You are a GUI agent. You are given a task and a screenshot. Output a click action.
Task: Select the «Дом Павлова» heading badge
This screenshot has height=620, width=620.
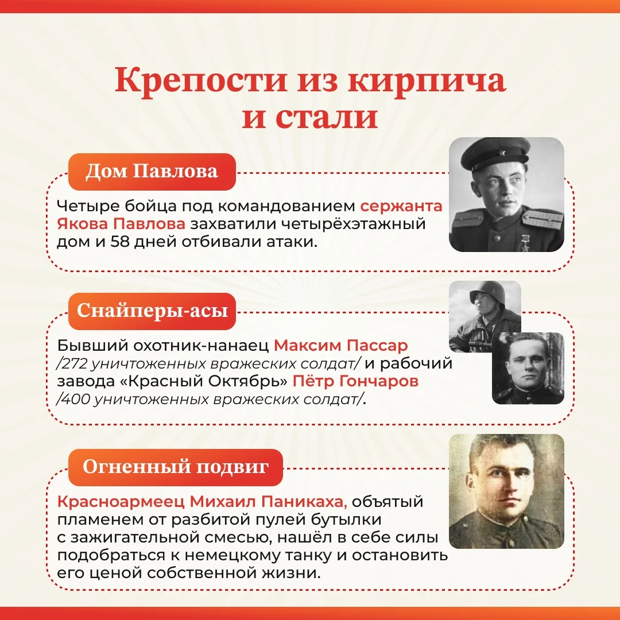(x=152, y=172)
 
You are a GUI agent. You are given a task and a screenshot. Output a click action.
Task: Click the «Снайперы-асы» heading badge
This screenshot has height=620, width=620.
(x=152, y=311)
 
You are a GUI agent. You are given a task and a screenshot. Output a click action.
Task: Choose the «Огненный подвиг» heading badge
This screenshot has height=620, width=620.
(x=176, y=467)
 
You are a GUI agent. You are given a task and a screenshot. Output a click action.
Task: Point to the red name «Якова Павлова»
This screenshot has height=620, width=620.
(x=121, y=224)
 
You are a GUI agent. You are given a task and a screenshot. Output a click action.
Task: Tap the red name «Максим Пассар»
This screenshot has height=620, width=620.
(x=340, y=346)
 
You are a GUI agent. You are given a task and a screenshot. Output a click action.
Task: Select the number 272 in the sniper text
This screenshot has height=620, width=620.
(x=74, y=363)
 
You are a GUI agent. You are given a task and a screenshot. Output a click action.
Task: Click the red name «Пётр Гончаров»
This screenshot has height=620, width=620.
(x=355, y=381)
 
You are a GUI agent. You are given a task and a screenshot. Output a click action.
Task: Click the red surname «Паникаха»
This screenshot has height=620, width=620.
(x=304, y=501)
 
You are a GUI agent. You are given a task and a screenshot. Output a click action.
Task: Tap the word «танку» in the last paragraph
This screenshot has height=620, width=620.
(x=307, y=556)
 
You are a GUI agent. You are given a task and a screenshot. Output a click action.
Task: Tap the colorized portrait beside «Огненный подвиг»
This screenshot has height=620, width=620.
(x=506, y=491)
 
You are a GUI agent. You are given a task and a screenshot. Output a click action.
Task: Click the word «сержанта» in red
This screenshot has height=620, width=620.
(x=401, y=207)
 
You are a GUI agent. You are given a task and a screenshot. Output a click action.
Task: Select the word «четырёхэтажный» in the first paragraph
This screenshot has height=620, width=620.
(x=353, y=224)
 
